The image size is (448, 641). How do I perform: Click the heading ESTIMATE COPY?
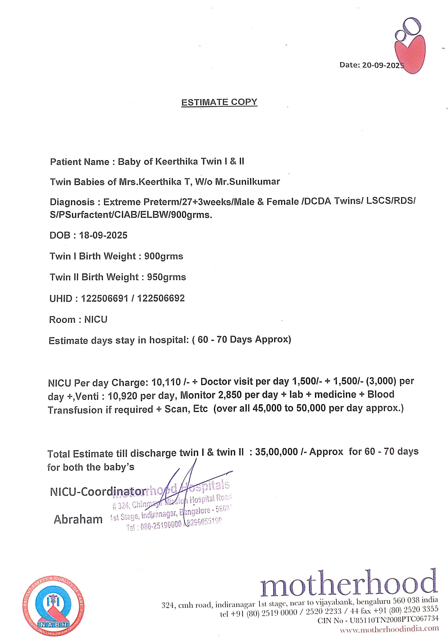[x=219, y=102]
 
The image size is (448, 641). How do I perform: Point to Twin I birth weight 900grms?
[x=164, y=256]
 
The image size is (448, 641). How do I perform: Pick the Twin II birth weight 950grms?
[x=166, y=277]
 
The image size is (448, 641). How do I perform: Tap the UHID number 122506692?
[x=161, y=298]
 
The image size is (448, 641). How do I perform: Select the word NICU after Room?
[x=96, y=319]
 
